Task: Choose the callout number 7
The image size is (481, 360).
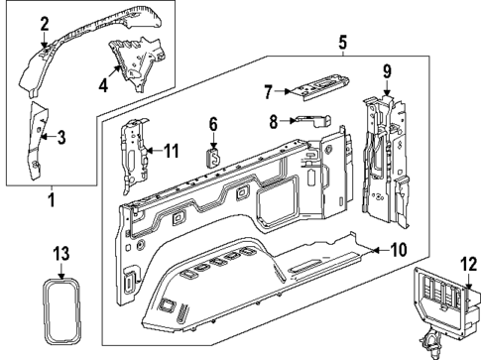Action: click(x=267, y=92)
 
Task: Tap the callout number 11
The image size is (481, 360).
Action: click(x=171, y=151)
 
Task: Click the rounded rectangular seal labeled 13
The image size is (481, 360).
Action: click(x=61, y=310)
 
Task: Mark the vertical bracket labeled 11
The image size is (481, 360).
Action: click(x=132, y=154)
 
